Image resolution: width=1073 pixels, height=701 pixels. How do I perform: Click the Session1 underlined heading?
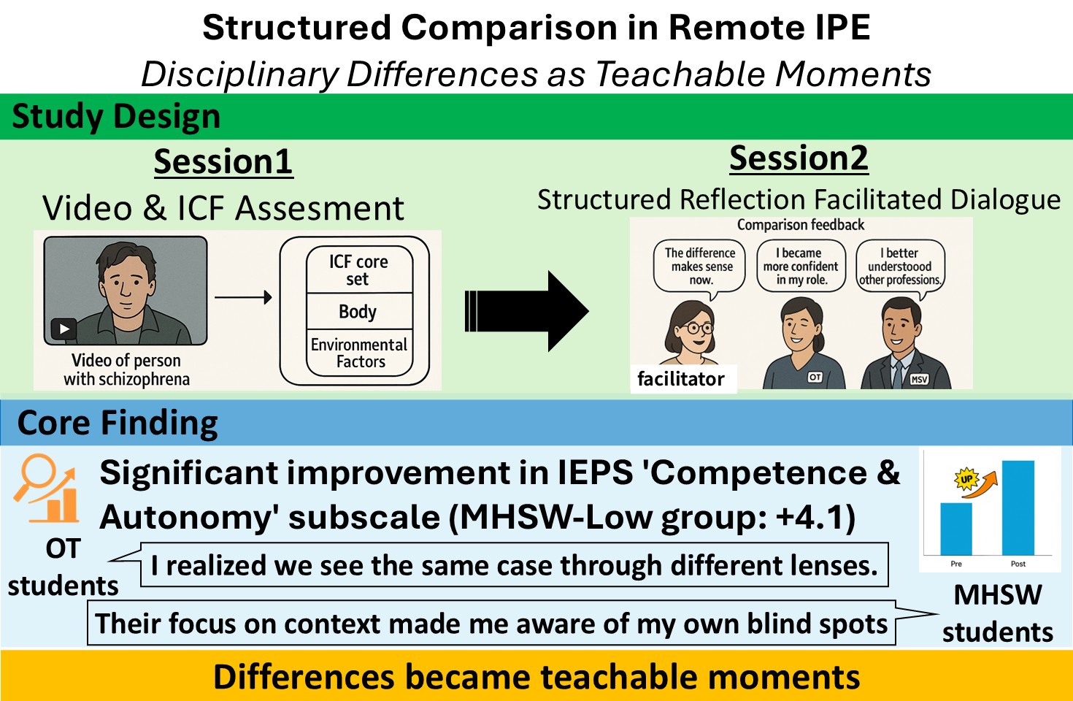pos(223,162)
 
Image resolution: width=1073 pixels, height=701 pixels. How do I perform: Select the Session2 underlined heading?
pos(799,158)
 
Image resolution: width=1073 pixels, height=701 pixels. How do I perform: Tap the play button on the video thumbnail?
pos(64,329)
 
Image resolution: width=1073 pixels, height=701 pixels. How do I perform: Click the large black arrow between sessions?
pos(526,311)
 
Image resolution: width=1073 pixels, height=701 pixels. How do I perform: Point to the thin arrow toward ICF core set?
pos(243,297)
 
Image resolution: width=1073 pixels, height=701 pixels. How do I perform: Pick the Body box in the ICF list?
pos(358,312)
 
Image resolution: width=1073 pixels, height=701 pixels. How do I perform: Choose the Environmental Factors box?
pos(358,353)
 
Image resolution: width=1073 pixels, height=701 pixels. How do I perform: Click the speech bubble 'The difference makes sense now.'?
pos(700,267)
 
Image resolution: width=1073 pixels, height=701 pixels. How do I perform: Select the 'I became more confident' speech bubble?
pos(801,267)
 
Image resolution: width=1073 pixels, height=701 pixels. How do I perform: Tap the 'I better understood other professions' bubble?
pos(900,267)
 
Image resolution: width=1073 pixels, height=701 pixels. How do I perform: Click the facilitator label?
pos(681,379)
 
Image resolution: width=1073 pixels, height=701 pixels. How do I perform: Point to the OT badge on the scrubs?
pos(815,377)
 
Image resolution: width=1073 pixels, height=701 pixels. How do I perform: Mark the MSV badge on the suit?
pos(919,379)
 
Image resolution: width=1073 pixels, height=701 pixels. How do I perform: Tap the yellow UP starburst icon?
pos(966,479)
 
